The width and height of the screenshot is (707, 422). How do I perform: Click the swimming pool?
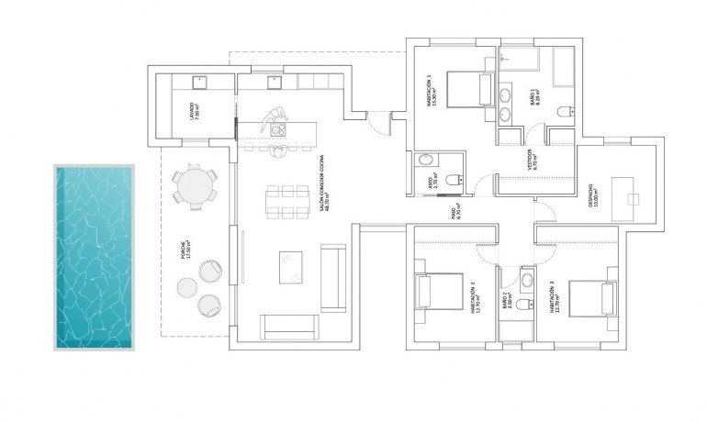pyautogui.click(x=95, y=257)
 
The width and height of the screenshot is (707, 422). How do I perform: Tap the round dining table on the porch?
pyautogui.click(x=194, y=184)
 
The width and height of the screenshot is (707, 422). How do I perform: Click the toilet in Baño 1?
pyautogui.click(x=565, y=112)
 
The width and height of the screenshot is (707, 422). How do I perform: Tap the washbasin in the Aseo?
pyautogui.click(x=425, y=161)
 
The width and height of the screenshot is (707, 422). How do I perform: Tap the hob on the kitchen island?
pyautogui.click(x=277, y=130)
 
